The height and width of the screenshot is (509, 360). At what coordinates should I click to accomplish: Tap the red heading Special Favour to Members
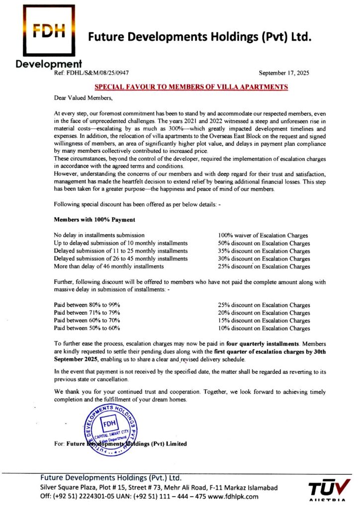pyautogui.click(x=191, y=86)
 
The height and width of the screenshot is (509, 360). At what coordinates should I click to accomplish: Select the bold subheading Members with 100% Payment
pyautogui.click(x=94, y=219)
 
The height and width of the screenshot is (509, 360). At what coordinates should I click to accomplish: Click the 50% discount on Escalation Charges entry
pyautogui.click(x=264, y=244)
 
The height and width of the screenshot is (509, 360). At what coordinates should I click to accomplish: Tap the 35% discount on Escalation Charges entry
pyautogui.click(x=264, y=251)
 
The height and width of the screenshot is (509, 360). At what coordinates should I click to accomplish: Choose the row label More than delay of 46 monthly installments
pyautogui.click(x=109, y=266)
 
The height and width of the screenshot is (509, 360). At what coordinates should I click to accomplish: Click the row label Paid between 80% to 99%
pyautogui.click(x=87, y=305)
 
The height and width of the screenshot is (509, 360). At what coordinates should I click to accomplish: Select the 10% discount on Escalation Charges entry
pyautogui.click(x=264, y=328)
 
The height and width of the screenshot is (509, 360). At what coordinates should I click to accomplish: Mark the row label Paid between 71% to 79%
pyautogui.click(x=87, y=313)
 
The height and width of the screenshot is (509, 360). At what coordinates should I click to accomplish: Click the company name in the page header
pyautogui.click(x=199, y=37)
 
